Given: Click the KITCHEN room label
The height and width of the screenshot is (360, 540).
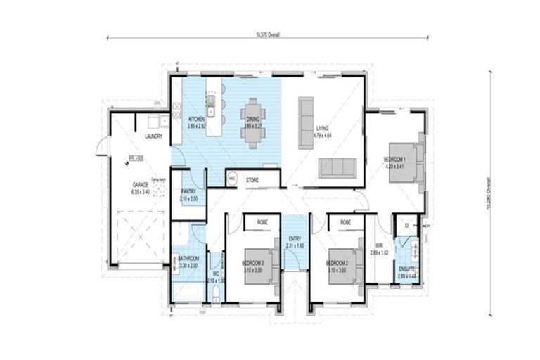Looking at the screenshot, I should (196, 120).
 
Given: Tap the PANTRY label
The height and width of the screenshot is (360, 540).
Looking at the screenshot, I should (188, 191).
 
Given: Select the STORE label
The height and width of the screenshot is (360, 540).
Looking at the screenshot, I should (252, 180).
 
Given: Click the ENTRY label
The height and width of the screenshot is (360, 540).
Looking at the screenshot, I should (295, 240).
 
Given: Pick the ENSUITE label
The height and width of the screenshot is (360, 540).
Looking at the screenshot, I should (407, 270).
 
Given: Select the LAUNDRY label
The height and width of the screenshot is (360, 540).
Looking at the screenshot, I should (154, 136).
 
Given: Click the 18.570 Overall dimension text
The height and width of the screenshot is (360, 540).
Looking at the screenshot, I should (268, 33).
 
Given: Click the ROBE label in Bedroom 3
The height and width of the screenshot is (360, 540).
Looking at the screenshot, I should (262, 221).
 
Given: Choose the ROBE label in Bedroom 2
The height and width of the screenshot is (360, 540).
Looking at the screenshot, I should (346, 221).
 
